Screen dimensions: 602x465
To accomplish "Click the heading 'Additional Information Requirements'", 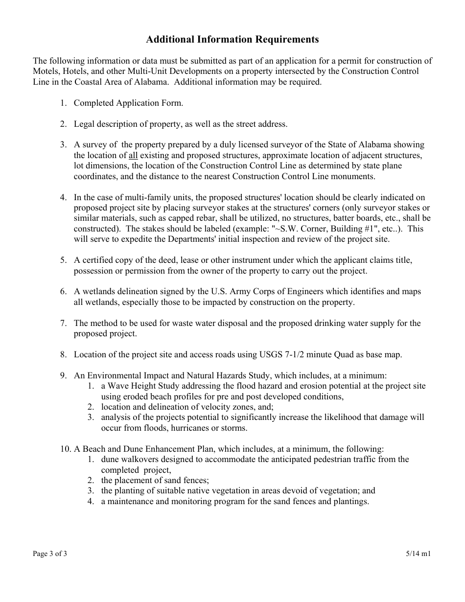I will tap(232, 40).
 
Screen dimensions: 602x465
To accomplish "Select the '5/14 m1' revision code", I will tap(418, 554).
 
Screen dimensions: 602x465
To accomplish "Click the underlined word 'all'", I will tap(133, 156).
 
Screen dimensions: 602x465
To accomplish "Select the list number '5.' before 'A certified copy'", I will tap(64, 260).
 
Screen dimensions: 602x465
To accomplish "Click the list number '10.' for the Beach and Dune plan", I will tap(66, 449).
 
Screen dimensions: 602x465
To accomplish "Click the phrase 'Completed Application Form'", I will tap(128, 103).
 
